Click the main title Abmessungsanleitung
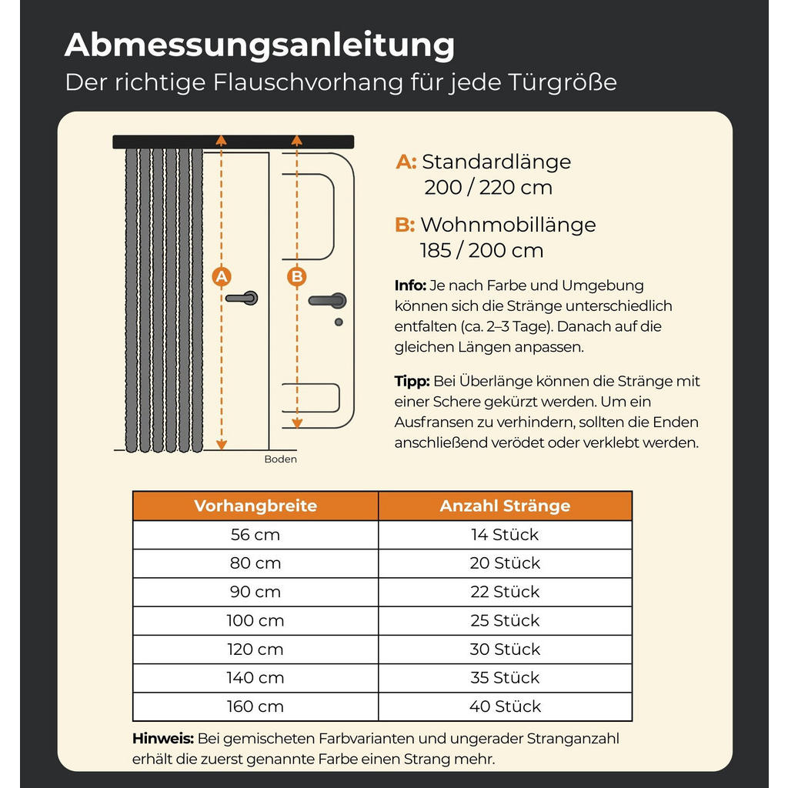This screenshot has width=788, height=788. pos(259,45)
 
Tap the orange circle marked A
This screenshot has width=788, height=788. pos(222,276)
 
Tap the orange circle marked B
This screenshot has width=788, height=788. pos(296,276)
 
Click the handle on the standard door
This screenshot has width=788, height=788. pos(243,297)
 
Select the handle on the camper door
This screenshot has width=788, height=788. pos(327,300)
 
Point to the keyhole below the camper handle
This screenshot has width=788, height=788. pos(339,322)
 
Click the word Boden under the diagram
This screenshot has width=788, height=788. pos(280,459)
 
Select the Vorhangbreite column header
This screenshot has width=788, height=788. pos(255,506)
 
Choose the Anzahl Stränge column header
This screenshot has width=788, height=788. pos(505,506)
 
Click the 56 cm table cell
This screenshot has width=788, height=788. pos(255,535)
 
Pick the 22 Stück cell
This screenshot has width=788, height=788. pos(505,592)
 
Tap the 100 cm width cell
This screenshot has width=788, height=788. pos(255,620)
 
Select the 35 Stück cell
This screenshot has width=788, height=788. pos(505,678)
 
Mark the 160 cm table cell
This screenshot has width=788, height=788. pos(255,706)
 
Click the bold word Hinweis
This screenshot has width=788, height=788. pos(162,739)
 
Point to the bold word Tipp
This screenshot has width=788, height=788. pos(412,381)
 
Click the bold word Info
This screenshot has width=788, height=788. pos(410,286)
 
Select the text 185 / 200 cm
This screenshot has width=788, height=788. pos(482,250)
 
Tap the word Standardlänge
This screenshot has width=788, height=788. pos(496,162)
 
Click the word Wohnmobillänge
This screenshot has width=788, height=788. pos(508,225)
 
